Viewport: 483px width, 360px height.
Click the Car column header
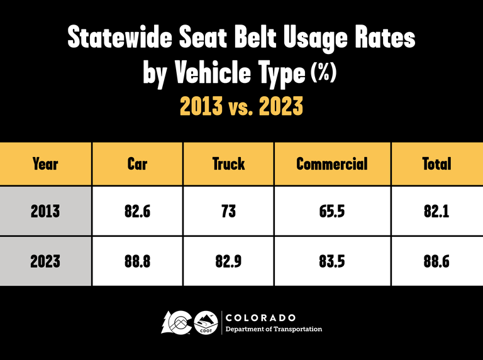point(137,164)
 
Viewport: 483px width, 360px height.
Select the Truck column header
point(228,164)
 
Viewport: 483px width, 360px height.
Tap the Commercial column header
point(331,164)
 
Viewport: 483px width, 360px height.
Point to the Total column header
point(436,164)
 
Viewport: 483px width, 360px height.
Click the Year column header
point(45,164)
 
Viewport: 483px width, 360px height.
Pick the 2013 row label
point(45,211)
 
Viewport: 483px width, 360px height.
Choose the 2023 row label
point(45,261)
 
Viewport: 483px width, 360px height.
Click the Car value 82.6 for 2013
point(137,211)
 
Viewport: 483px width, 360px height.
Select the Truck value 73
point(228,211)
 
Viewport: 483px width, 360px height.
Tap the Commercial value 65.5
point(331,211)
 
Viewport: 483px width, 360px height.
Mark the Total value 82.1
point(436,211)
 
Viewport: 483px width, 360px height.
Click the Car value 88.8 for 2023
point(137,261)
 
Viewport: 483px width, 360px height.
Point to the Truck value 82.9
point(228,261)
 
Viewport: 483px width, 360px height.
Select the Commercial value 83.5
point(331,261)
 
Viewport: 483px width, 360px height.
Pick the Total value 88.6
point(436,261)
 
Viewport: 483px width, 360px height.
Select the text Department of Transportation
point(274,329)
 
